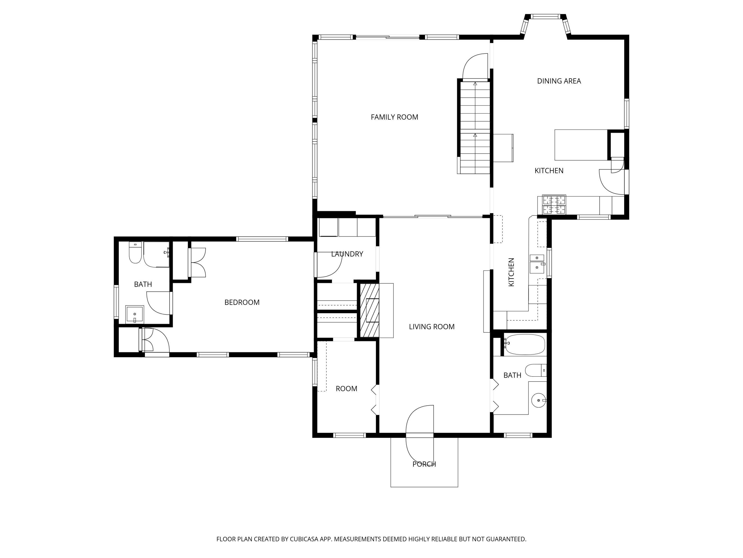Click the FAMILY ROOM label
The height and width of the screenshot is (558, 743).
pos(394,117)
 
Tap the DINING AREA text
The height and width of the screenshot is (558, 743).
pos(559,81)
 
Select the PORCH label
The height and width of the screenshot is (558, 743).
pos(424,464)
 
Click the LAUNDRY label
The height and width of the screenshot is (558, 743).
pos(347,254)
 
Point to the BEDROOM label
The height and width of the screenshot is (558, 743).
pos(242,302)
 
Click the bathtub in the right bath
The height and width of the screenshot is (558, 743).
pos(525,344)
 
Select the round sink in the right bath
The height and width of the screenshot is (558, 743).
pos(539,400)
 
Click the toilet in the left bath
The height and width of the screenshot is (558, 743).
pos(135,253)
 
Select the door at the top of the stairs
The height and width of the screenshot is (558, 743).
pos(475,67)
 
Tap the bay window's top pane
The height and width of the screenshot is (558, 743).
pos(546,16)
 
